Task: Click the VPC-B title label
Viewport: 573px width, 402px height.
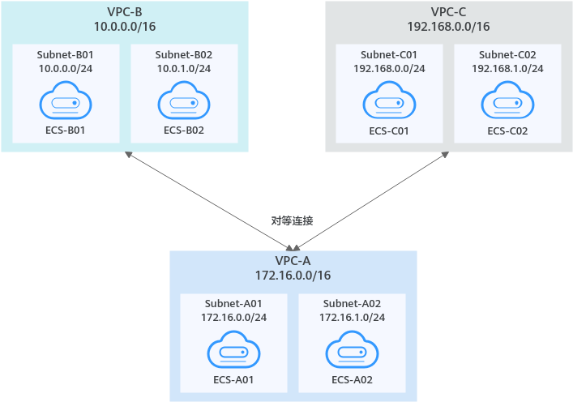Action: coord(125,11)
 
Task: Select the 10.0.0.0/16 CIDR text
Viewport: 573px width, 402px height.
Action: coord(125,26)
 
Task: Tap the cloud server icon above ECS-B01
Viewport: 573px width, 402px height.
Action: coord(66,100)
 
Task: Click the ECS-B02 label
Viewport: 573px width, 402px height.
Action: coord(184,130)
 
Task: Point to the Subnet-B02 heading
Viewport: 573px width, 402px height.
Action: coord(184,54)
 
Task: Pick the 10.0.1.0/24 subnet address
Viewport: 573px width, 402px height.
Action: coord(184,68)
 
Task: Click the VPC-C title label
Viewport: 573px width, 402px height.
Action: coord(448,11)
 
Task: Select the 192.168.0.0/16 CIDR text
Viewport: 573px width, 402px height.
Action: coord(448,26)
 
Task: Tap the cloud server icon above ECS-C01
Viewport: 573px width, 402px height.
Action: coord(389,100)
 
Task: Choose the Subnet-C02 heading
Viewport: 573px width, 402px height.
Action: coord(507,54)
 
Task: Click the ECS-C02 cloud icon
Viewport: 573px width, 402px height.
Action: coord(507,100)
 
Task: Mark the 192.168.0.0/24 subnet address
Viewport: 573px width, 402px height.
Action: coord(389,68)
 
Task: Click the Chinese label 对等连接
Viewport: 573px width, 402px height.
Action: coord(292,220)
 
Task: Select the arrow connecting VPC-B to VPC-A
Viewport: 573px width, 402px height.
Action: coord(209,201)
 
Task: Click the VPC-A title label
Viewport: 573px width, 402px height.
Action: coord(293,260)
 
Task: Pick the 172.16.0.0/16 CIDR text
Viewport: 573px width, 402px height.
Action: coord(293,276)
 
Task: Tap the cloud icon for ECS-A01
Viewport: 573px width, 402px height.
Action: coord(233,350)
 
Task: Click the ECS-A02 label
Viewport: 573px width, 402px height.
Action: coord(352,379)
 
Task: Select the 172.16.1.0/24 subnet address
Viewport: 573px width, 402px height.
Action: coord(352,317)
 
